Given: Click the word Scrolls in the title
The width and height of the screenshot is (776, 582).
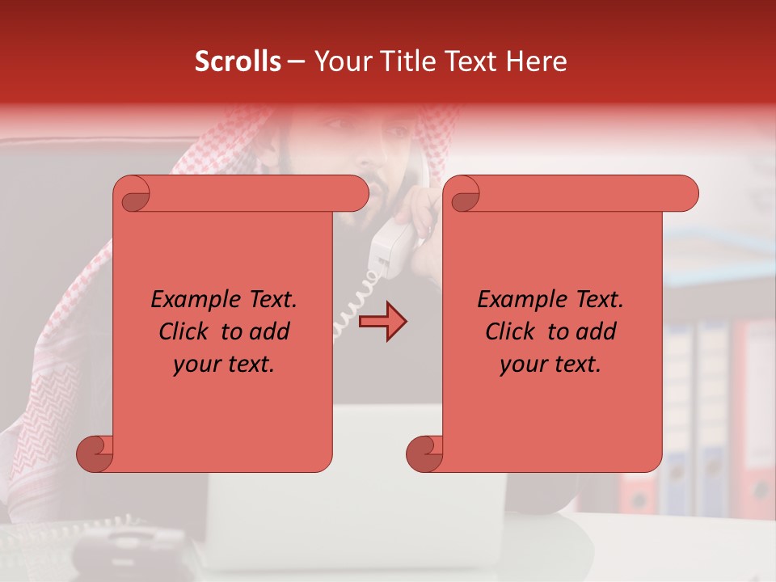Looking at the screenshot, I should point(238,61).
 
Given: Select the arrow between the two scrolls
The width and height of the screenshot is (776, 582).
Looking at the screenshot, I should point(382,323).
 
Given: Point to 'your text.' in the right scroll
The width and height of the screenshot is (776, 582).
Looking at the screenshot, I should point(550,365).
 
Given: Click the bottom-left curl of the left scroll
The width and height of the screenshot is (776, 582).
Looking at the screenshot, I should point(95,453).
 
